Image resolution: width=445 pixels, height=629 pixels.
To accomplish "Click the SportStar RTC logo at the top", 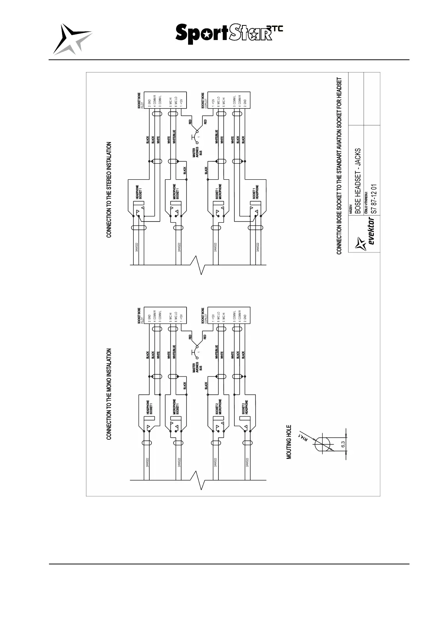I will pyautogui.click(x=228, y=34).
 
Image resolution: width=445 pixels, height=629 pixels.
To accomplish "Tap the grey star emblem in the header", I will pyautogui.click(x=72, y=39).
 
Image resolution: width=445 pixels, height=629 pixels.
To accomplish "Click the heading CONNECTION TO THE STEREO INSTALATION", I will pyautogui.click(x=109, y=189).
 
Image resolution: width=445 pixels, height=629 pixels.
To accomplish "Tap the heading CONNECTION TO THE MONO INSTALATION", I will pyautogui.click(x=109, y=394).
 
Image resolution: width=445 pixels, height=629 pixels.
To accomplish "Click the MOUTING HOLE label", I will pyautogui.click(x=289, y=441).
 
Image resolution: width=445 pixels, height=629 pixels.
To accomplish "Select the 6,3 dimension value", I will pyautogui.click(x=343, y=444).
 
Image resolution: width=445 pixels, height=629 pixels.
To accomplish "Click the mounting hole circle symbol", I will pyautogui.click(x=323, y=444).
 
